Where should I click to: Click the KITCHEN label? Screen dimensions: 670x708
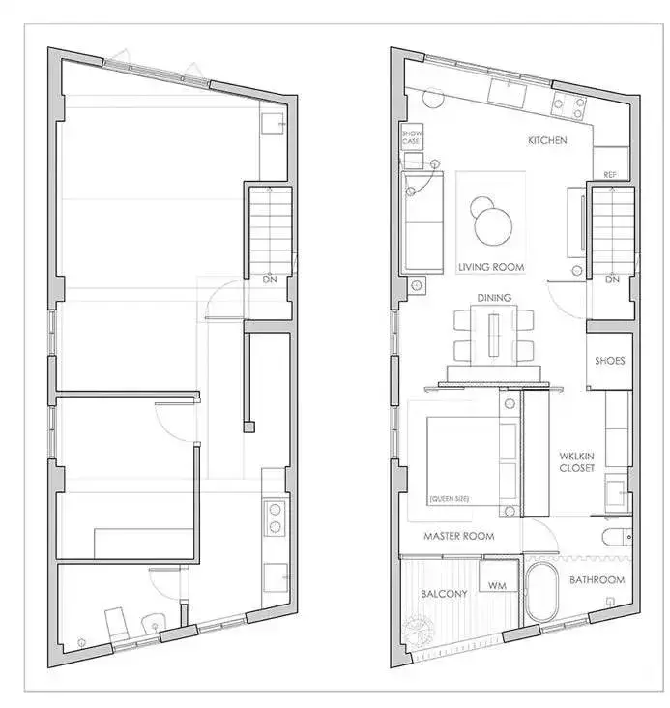(547, 140)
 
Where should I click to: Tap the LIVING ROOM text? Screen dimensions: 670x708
(491, 267)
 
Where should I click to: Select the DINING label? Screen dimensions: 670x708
(494, 298)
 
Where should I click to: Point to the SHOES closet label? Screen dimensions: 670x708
(609, 361)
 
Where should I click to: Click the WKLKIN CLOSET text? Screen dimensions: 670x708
(576, 462)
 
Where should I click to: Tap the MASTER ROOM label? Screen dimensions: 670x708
(458, 536)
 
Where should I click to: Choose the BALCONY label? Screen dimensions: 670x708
(444, 594)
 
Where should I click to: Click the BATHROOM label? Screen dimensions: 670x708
(597, 579)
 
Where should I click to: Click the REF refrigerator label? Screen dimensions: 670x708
(610, 175)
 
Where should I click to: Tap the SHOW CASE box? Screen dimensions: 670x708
(412, 136)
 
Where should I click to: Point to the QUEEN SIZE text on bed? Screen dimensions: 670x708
(450, 498)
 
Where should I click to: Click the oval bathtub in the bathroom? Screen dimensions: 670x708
(541, 592)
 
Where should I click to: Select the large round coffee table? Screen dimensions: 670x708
(493, 226)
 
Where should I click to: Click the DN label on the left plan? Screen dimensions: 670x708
(270, 280)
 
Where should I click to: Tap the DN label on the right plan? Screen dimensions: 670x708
(612, 280)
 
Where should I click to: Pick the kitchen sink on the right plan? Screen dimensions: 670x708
(508, 92)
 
